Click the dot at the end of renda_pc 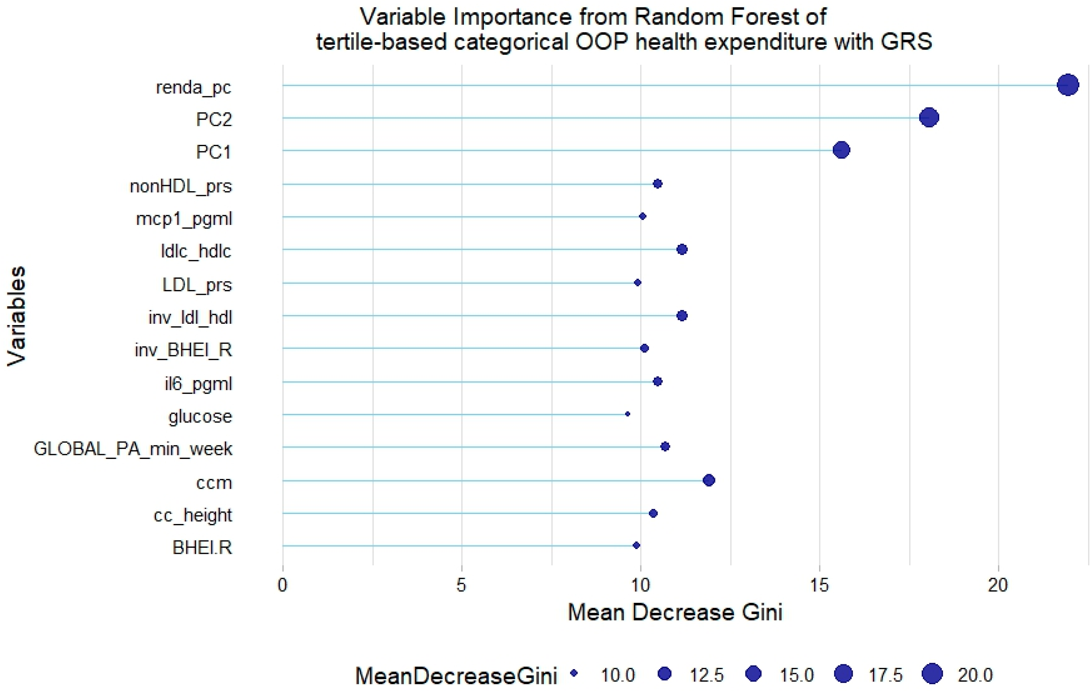[1068, 85]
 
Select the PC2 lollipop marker [929, 117]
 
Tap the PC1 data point [841, 150]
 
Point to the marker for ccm [709, 480]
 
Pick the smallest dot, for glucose [628, 414]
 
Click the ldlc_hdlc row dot [682, 249]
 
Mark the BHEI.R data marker [636, 545]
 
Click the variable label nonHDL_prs [180, 186]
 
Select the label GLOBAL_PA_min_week [133, 449]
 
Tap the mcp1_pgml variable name [184, 219]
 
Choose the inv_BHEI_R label [183, 350]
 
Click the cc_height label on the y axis [193, 515]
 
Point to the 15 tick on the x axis [819, 585]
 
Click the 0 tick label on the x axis [282, 585]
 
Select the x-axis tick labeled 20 [998, 585]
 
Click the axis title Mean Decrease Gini [675, 612]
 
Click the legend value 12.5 [707, 676]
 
